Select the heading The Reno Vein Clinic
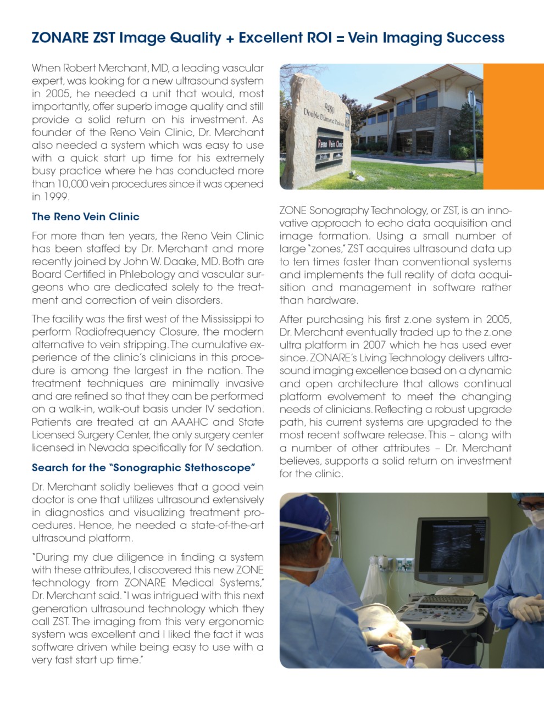coord(85,216)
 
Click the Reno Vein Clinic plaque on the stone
coord(330,144)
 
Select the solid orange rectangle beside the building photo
coord(513,126)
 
